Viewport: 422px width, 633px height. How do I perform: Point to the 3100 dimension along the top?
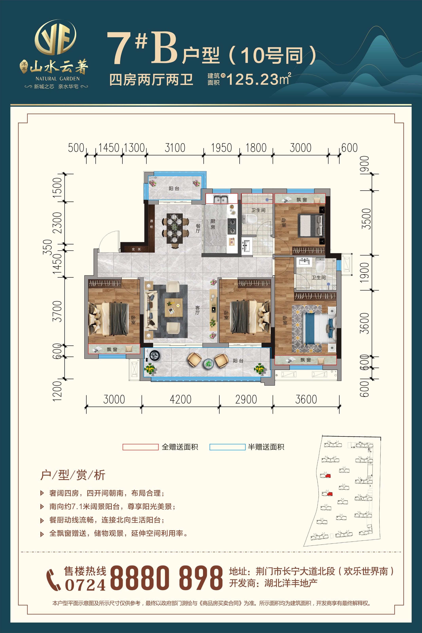click(x=175, y=148)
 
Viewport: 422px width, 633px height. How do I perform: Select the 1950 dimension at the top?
click(x=221, y=148)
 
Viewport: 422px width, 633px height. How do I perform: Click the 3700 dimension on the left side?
click(x=57, y=311)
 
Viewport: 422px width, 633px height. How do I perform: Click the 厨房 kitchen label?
click(x=213, y=224)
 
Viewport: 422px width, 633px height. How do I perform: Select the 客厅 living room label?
click(x=197, y=310)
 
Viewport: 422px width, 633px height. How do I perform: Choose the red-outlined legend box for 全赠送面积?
click(x=140, y=447)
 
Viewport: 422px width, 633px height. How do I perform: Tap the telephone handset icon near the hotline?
click(x=54, y=580)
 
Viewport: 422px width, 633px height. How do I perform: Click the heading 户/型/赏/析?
click(x=73, y=475)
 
